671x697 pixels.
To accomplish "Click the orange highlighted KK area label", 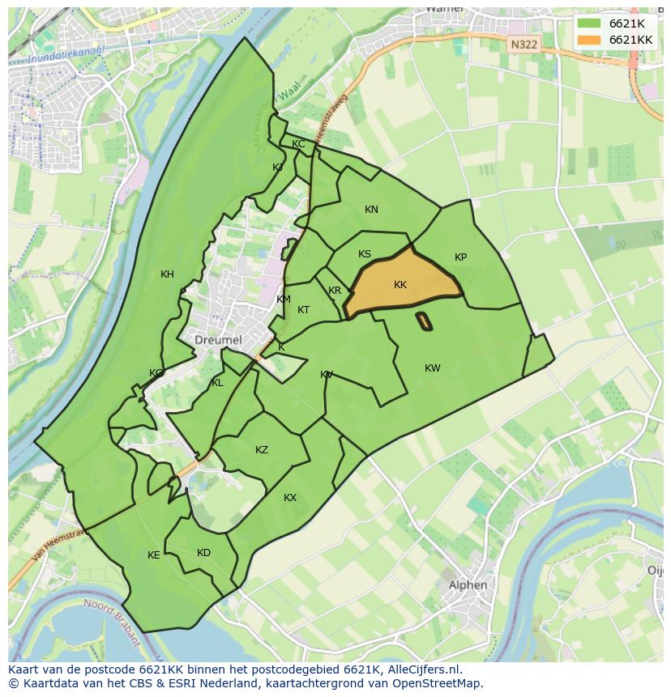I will pyautogui.click(x=400, y=285).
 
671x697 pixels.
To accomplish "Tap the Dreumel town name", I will pyautogui.click(x=218, y=340).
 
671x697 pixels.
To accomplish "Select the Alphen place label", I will pyautogui.click(x=468, y=584).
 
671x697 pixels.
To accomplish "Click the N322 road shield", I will pyautogui.click(x=524, y=45).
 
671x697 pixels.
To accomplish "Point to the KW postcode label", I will pyautogui.click(x=433, y=368).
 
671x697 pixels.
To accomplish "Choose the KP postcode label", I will pyautogui.click(x=460, y=257).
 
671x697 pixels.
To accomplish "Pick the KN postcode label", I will pyautogui.click(x=371, y=210).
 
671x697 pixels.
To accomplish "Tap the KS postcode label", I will pyautogui.click(x=365, y=254).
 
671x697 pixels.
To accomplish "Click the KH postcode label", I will pyautogui.click(x=167, y=274).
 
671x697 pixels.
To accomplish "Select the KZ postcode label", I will pyautogui.click(x=262, y=450).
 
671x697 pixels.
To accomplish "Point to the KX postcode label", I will pyautogui.click(x=290, y=498).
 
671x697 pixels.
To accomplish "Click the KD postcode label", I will pyautogui.click(x=203, y=553).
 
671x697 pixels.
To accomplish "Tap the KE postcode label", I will pyautogui.click(x=154, y=555).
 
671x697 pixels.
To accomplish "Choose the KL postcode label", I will pyautogui.click(x=217, y=383).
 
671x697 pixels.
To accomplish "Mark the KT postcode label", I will pyautogui.click(x=303, y=310).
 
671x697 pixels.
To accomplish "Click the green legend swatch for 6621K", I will pyautogui.click(x=589, y=23).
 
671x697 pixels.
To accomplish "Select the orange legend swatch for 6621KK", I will pyautogui.click(x=589, y=40).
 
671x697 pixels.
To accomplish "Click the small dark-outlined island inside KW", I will pyautogui.click(x=424, y=321).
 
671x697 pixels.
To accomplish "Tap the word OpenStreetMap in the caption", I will pyautogui.click(x=436, y=683).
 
